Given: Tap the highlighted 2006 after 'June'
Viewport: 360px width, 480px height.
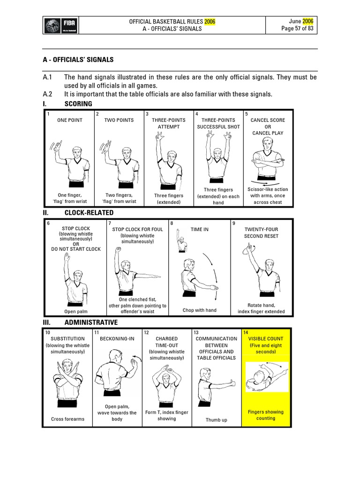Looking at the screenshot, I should coord(308,21).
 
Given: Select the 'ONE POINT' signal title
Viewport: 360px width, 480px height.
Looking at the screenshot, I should coord(70,120).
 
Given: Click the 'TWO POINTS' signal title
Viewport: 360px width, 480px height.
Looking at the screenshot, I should coord(119,120).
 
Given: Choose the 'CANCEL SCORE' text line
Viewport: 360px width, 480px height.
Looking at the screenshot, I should coord(268,120).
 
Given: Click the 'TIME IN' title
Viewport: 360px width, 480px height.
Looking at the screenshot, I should coord(199,230).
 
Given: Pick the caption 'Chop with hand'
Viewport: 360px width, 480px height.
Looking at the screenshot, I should coord(199,310).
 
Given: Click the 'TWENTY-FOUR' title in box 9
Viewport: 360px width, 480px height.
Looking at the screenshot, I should coord(261,230).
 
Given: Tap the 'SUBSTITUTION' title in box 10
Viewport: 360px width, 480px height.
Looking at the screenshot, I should coord(68,338).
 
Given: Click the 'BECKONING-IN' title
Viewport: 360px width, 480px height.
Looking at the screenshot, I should coord(117,338).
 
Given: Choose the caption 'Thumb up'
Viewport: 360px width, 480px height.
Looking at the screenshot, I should coord(216,420).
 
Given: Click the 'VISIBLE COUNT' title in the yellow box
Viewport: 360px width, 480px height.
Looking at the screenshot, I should coord(265,338).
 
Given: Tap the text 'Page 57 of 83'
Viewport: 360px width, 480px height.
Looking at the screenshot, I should coord(298,29).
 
